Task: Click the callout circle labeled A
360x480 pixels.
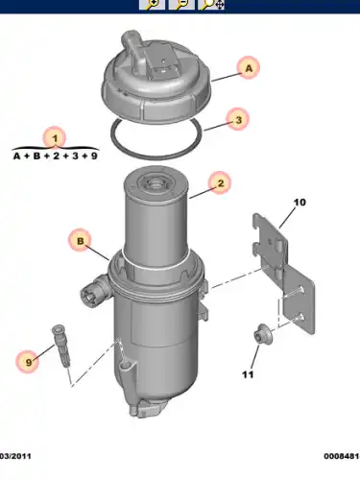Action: click(x=249, y=68)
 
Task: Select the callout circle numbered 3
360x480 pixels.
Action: click(x=238, y=120)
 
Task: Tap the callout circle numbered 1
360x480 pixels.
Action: click(x=55, y=138)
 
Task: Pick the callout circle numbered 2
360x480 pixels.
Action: click(x=220, y=183)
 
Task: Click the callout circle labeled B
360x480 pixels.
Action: click(x=80, y=241)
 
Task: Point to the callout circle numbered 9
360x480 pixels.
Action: click(x=29, y=362)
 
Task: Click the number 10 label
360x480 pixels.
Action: click(x=300, y=203)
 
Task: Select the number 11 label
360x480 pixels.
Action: click(x=248, y=374)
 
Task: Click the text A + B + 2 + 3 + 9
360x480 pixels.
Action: click(x=55, y=156)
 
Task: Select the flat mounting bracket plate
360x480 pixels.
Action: click(x=283, y=274)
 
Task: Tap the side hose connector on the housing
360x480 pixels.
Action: click(x=93, y=291)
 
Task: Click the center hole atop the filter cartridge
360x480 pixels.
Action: click(x=155, y=183)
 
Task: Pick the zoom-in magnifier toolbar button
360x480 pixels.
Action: click(x=152, y=5)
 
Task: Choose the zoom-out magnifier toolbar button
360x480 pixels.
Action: click(x=181, y=5)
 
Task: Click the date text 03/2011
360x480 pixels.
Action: click(x=15, y=456)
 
